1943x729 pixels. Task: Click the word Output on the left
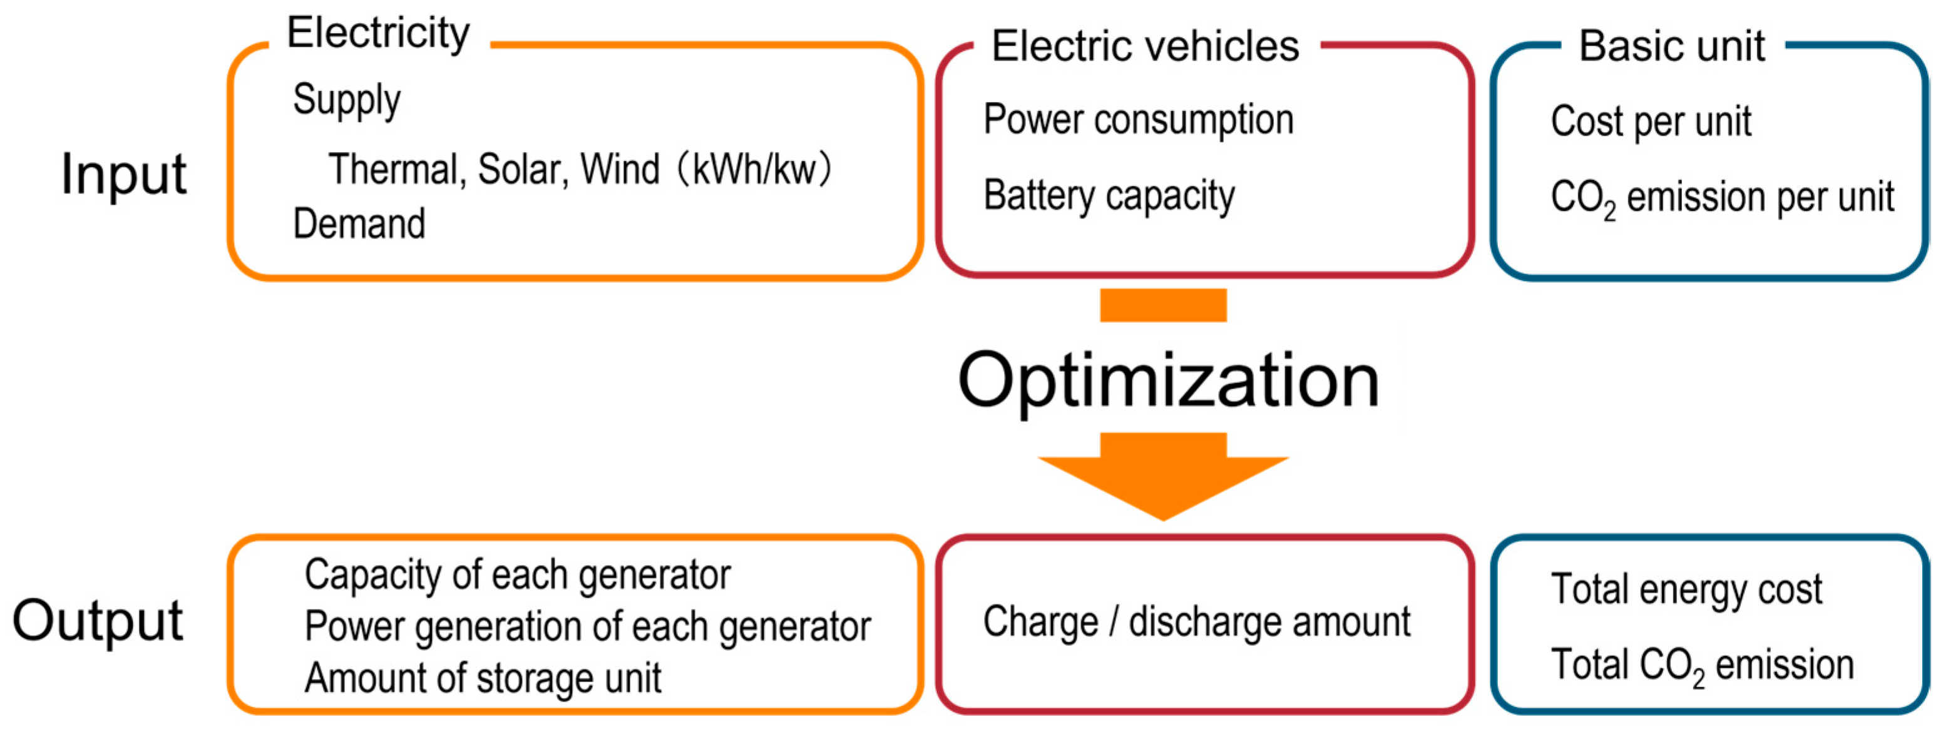pyautogui.click(x=98, y=621)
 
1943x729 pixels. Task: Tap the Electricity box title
pyautogui.click(x=378, y=34)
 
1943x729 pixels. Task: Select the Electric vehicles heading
pyautogui.click(x=1144, y=47)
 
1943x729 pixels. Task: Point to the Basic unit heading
pyautogui.click(x=1671, y=47)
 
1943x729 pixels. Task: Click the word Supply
pyautogui.click(x=346, y=100)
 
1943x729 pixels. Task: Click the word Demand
pyautogui.click(x=359, y=224)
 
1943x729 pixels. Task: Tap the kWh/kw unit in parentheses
pyautogui.click(x=754, y=170)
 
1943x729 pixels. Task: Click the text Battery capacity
pyautogui.click(x=1109, y=196)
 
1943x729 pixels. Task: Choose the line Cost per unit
pyautogui.click(x=1650, y=122)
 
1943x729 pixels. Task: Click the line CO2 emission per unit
pyautogui.click(x=1722, y=198)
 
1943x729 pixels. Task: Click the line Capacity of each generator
pyautogui.click(x=518, y=576)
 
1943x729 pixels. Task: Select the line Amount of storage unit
pyautogui.click(x=483, y=678)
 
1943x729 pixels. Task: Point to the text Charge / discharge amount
pyautogui.click(x=1196, y=623)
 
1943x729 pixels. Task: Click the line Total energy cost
pyautogui.click(x=1686, y=589)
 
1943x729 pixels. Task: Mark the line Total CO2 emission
pyautogui.click(x=1701, y=666)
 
